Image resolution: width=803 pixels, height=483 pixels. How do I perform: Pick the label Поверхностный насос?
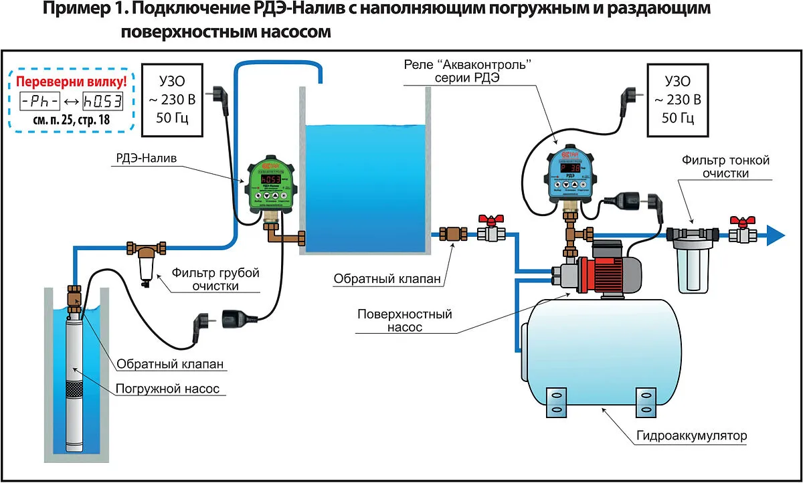(404, 321)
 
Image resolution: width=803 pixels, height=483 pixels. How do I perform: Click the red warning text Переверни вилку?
(70, 83)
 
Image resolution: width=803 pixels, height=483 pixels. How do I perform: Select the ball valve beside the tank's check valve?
(491, 231)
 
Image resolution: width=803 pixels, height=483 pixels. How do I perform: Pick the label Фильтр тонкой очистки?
(725, 167)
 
